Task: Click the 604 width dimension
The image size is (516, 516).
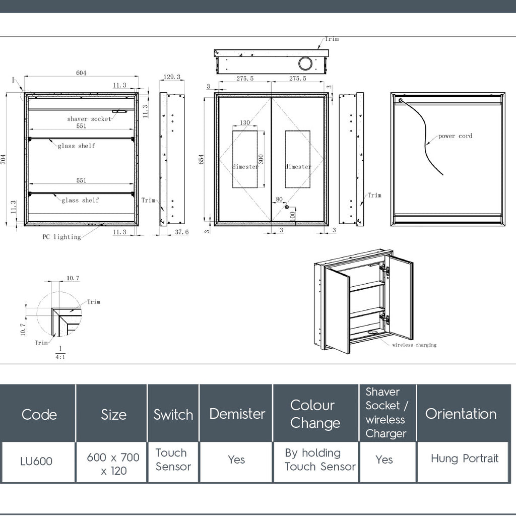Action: tap(81, 73)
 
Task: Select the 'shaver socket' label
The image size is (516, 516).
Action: tap(89, 119)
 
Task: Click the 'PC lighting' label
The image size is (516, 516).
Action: tap(61, 237)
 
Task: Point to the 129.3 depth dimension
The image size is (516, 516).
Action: tap(172, 77)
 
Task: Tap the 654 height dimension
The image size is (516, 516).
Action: tap(202, 159)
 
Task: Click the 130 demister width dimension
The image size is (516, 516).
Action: tap(244, 123)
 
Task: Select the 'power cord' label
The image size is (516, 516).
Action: tap(455, 136)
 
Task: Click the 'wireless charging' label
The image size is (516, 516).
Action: tap(414, 345)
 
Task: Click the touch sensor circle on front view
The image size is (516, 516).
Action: tap(287, 207)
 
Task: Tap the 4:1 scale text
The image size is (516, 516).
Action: tap(60, 357)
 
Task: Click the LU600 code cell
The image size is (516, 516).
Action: tap(36, 462)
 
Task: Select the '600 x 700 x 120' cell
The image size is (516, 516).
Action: tap(113, 464)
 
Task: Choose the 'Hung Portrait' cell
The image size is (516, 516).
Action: tap(464, 459)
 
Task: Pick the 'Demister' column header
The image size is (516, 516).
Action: tap(237, 414)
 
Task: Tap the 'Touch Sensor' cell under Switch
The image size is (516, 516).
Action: tap(173, 460)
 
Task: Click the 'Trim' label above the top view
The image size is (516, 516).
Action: tap(332, 39)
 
